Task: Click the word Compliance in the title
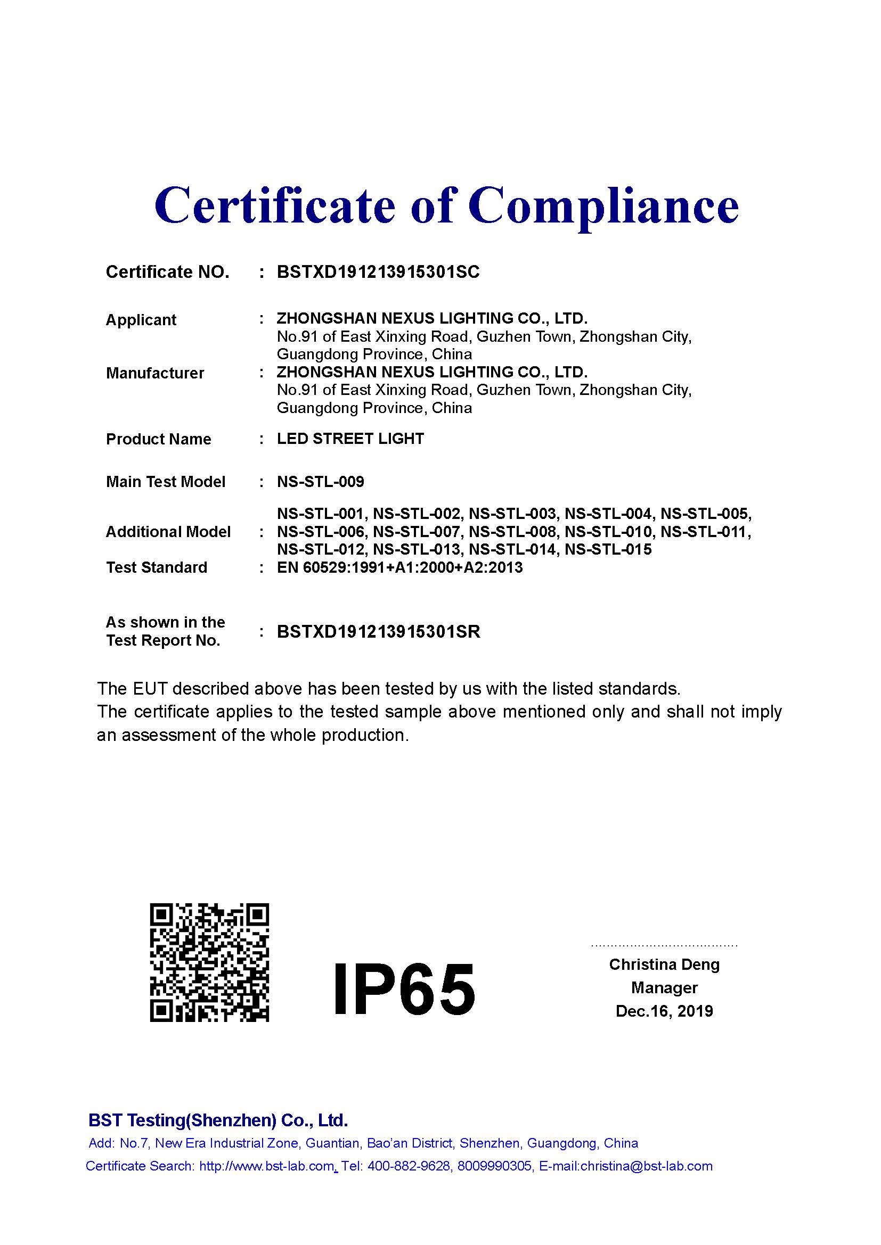pos(603,207)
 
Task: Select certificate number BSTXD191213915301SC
pos(378,271)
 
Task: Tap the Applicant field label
pos(141,320)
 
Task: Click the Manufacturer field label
pos(155,373)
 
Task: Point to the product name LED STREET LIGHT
pos(350,439)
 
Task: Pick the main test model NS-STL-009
pos(321,482)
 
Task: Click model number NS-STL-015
pos(608,550)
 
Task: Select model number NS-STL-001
pos(322,514)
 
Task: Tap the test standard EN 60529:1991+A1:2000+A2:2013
pos(400,568)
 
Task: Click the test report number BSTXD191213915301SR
pos(378,632)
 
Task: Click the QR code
pos(209,963)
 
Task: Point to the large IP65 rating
pos(404,987)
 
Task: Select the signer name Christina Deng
pos(664,964)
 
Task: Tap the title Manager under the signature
pos(664,988)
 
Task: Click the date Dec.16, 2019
pos(664,1011)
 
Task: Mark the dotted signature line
pos(664,946)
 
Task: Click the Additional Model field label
pos(168,532)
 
